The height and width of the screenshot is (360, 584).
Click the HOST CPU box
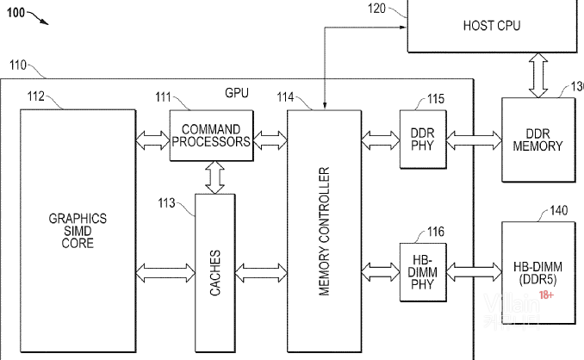[491, 26]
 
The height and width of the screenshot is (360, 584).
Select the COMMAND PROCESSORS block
[212, 136]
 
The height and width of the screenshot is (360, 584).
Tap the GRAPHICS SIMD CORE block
[78, 231]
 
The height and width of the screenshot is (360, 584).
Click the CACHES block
[215, 273]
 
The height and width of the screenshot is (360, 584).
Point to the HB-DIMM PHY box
[421, 272]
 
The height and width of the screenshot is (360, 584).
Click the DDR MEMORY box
[537, 140]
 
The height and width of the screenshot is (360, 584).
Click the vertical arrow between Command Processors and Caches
[214, 176]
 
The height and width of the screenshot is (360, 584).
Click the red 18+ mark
[546, 295]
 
